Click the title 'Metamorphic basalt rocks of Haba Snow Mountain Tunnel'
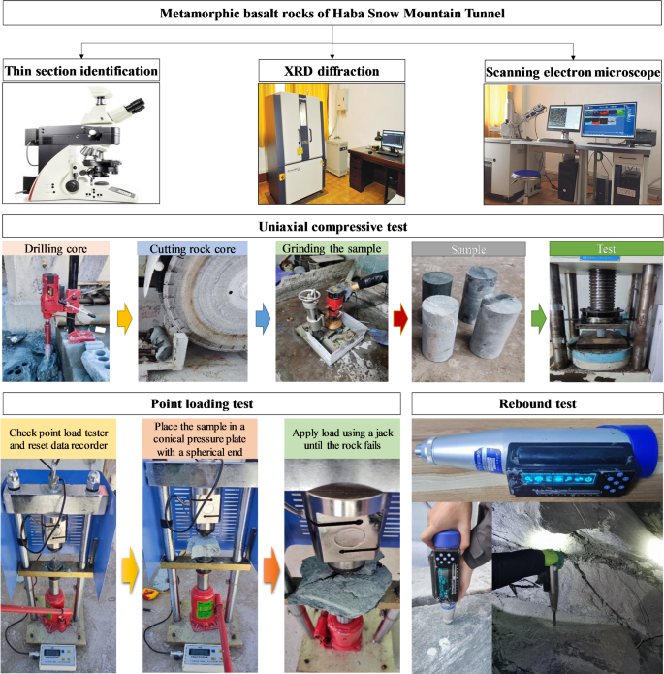click(x=332, y=14)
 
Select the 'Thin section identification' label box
click(x=81, y=71)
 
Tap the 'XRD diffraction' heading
click(x=332, y=71)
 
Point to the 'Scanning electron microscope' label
click(x=573, y=72)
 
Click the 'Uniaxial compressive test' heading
click(x=332, y=227)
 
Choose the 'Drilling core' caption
click(x=55, y=249)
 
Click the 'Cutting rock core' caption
click(x=193, y=249)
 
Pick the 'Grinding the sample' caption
click(x=332, y=248)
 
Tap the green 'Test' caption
click(x=606, y=249)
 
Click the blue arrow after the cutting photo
click(x=263, y=319)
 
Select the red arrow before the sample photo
click(x=400, y=318)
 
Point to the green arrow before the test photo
click(x=539, y=318)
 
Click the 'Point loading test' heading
click(x=202, y=403)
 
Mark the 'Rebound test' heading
click(x=537, y=403)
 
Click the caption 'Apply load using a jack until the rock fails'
click(x=342, y=439)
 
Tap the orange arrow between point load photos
click(x=271, y=572)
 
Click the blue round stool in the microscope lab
click(x=527, y=175)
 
